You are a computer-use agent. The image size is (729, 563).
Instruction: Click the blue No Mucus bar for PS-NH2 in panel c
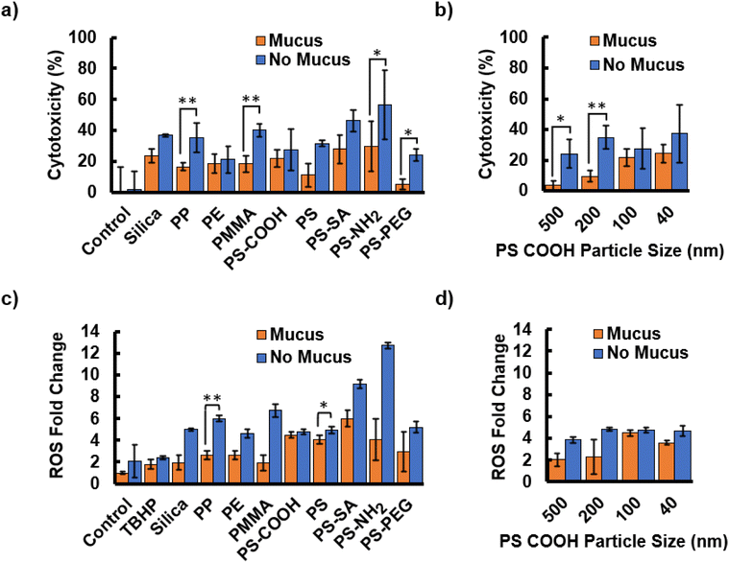coord(388,413)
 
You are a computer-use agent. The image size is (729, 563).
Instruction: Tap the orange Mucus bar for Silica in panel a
coord(151,174)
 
